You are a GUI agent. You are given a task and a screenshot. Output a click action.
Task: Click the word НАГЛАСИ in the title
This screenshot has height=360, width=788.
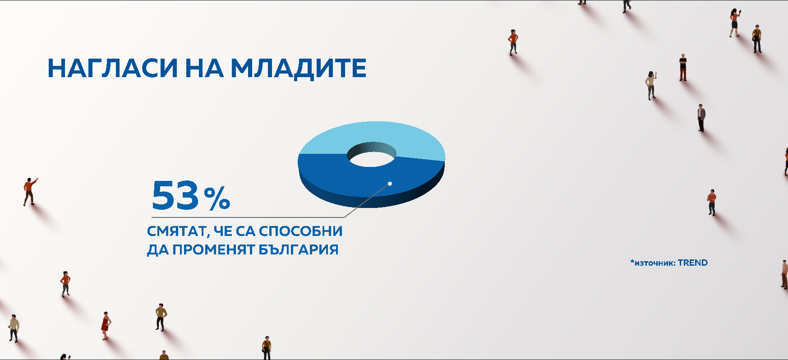[113, 68]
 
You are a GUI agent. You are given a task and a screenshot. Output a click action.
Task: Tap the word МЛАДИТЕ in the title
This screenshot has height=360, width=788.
[299, 69]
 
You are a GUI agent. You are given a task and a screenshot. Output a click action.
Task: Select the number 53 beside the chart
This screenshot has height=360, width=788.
[175, 195]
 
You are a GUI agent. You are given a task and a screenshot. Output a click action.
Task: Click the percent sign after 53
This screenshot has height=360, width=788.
[217, 198]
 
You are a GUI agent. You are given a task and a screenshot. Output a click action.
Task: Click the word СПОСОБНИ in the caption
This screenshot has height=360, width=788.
[301, 231]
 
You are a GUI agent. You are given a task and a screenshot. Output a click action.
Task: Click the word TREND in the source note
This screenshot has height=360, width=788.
[693, 263]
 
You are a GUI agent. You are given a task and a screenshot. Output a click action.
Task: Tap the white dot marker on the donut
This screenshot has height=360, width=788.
[390, 184]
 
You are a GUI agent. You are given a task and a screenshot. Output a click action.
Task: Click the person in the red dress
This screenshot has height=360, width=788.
[106, 325]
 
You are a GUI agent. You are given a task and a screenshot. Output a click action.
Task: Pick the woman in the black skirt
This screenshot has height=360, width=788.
[734, 23]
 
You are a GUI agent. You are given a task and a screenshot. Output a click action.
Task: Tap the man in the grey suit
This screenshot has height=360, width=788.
[701, 118]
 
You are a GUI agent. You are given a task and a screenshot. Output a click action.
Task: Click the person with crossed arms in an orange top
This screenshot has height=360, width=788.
[712, 202]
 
